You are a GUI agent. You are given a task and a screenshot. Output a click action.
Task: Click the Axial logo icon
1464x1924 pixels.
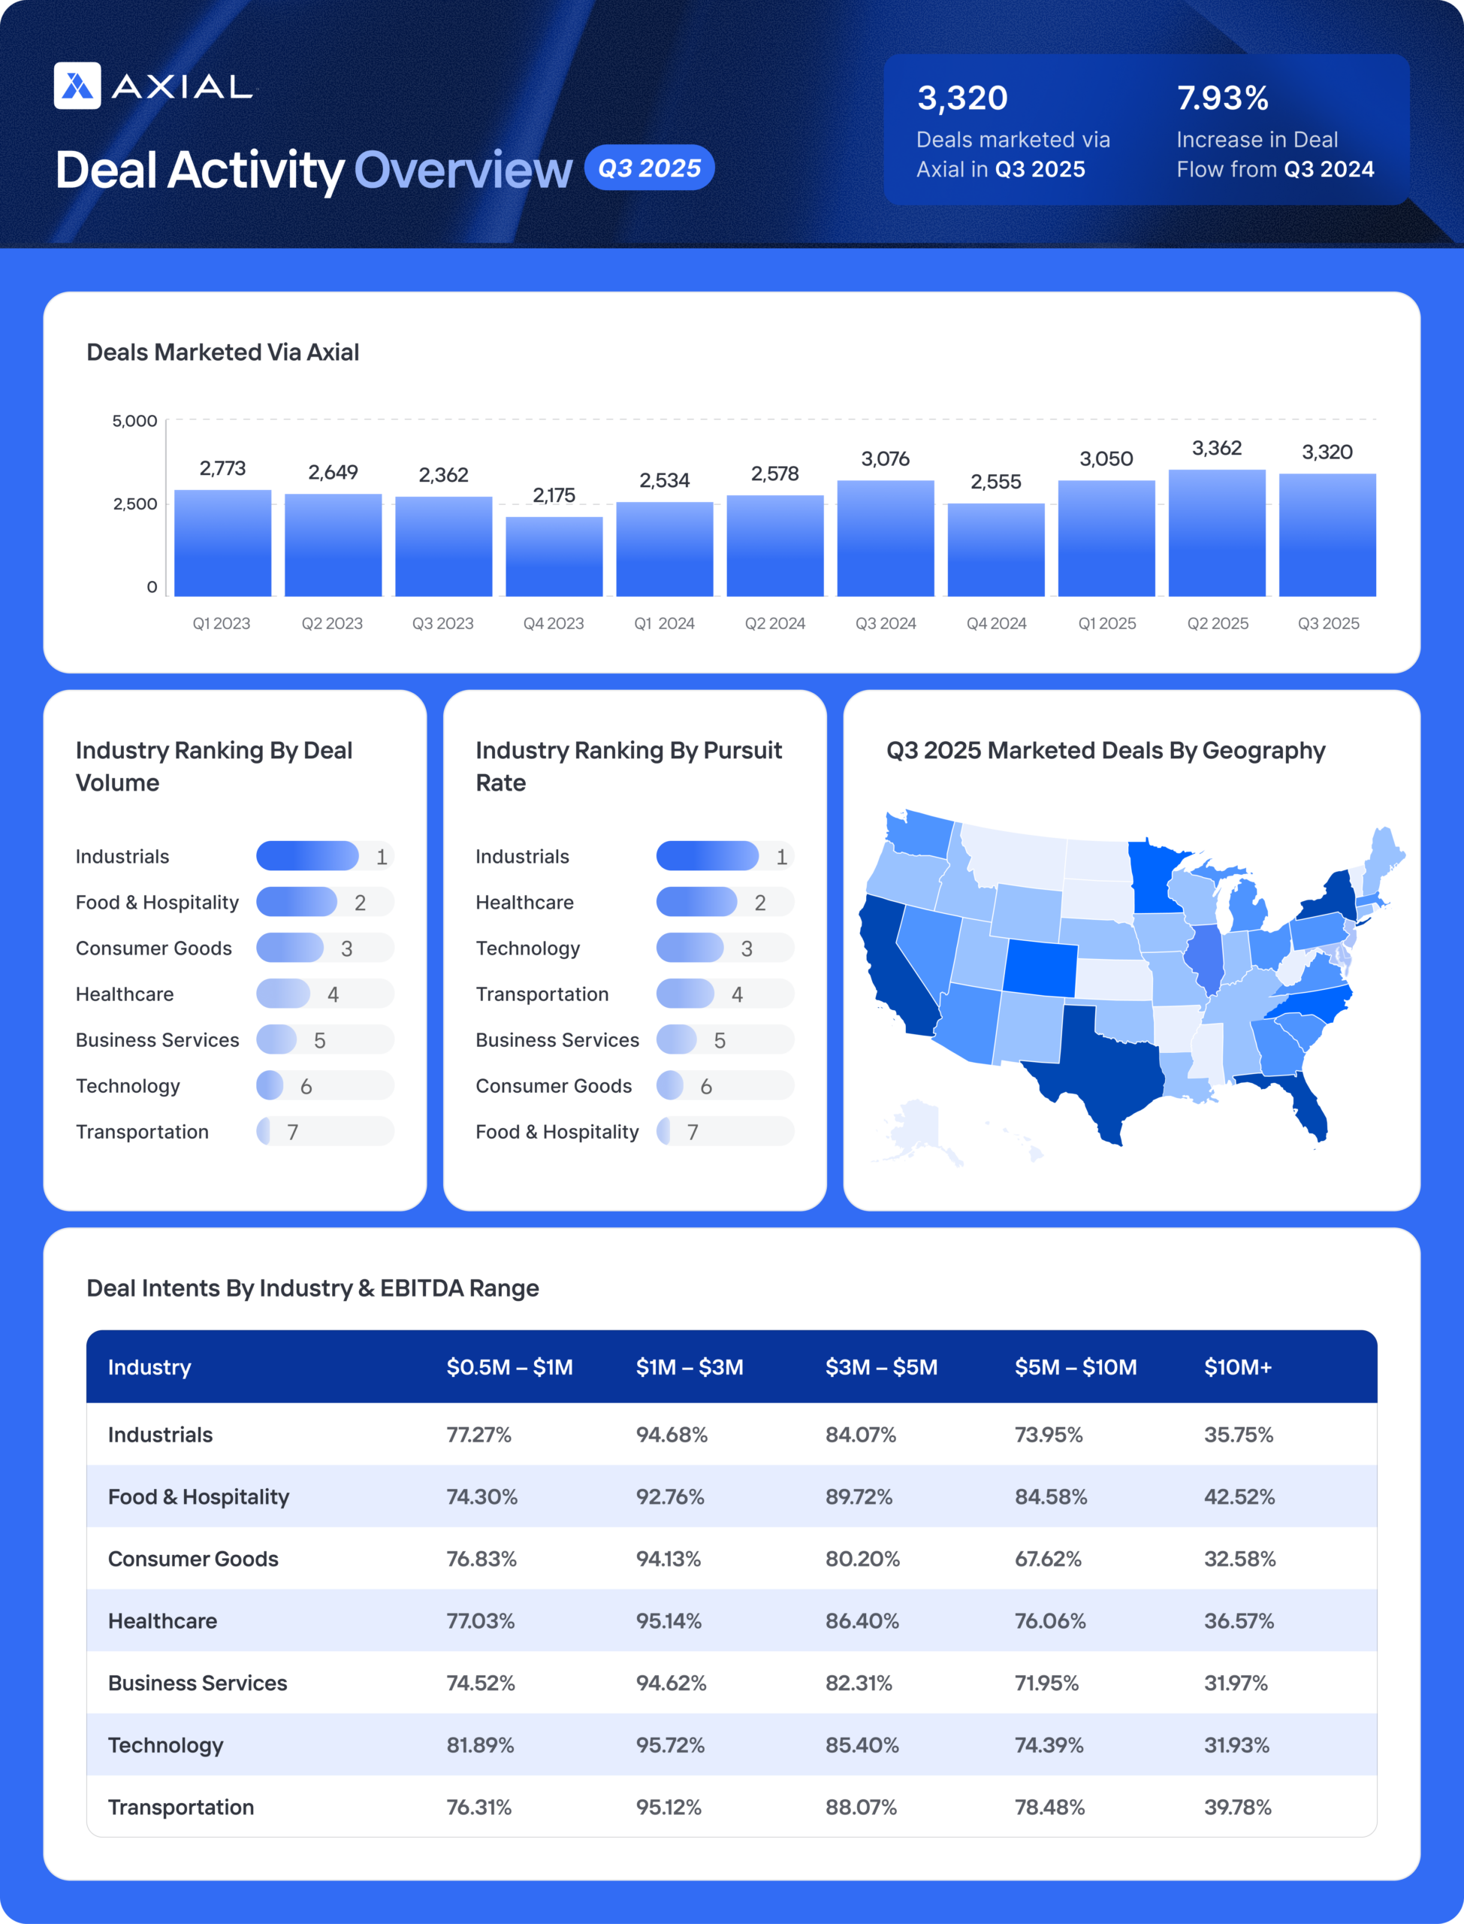(x=77, y=86)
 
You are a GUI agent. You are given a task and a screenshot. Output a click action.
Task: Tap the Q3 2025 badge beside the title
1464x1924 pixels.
(x=649, y=168)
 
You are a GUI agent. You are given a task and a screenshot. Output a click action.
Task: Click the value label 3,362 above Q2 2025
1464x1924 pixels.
(x=1217, y=448)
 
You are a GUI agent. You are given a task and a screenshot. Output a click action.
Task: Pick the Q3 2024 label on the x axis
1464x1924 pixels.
(x=886, y=623)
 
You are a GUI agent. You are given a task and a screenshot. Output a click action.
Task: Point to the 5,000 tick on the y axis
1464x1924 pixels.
(x=134, y=421)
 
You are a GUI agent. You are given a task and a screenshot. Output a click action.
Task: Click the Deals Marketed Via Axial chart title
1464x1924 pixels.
(x=222, y=352)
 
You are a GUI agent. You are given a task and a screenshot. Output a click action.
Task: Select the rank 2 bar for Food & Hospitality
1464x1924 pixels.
(x=296, y=903)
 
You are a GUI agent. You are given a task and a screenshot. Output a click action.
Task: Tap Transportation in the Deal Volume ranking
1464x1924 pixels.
(x=142, y=1132)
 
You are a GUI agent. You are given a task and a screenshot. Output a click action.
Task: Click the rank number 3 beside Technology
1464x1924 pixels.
(x=747, y=948)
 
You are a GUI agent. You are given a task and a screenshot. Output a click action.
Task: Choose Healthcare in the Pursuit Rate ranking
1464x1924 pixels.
(x=524, y=903)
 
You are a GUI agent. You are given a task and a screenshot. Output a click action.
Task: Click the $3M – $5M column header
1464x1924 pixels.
(x=881, y=1367)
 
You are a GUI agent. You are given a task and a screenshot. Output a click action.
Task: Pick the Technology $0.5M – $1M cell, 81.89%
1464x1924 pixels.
(x=480, y=1745)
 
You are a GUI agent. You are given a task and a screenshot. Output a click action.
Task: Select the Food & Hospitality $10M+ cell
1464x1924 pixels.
(x=1239, y=1497)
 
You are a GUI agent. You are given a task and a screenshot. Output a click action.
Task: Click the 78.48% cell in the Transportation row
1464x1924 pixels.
(x=1049, y=1808)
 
